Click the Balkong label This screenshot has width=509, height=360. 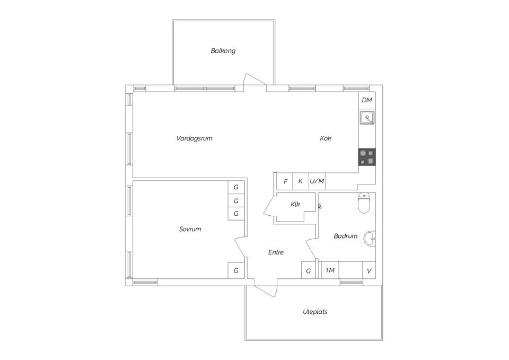click(223, 51)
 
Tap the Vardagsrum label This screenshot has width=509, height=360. click(195, 138)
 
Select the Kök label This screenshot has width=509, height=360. click(326, 138)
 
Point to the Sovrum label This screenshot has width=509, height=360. click(190, 229)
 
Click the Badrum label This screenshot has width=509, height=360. click(346, 236)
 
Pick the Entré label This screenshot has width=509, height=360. click(276, 252)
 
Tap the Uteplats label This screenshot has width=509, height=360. click(315, 312)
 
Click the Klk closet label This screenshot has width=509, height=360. click(295, 205)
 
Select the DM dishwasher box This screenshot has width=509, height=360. click(367, 100)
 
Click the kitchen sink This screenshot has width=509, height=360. click(367, 118)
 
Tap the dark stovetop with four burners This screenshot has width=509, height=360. click(367, 157)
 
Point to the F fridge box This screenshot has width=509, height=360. click(285, 181)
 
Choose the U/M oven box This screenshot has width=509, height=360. click(317, 181)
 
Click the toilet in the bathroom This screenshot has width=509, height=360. click(364, 203)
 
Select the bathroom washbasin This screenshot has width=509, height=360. click(370, 239)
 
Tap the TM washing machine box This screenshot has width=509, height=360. click(330, 270)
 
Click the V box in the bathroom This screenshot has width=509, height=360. click(369, 270)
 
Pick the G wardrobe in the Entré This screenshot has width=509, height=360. click(309, 270)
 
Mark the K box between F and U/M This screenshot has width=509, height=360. click(301, 181)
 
